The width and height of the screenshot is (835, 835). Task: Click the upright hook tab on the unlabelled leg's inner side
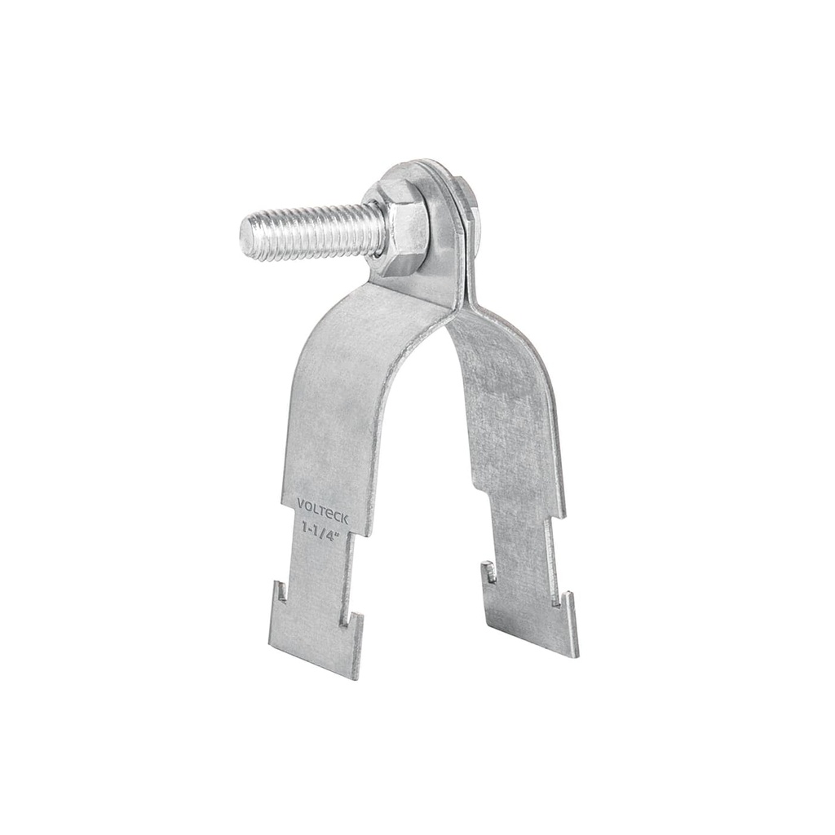(x=488, y=572)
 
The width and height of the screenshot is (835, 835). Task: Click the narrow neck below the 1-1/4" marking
(x=320, y=563)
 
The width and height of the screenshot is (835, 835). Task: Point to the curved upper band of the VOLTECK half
(x=359, y=342)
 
